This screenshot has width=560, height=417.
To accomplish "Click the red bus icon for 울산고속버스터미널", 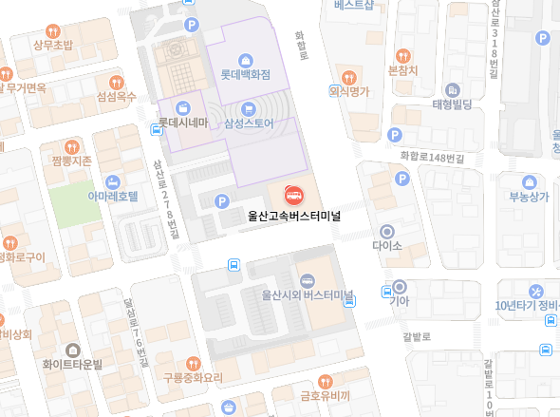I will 293,195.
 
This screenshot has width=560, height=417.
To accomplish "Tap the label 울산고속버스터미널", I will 293,215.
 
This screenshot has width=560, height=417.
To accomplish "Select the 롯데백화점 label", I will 246,73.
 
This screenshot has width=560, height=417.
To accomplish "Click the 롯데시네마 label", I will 182,123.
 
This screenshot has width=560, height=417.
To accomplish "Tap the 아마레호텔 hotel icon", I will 113,180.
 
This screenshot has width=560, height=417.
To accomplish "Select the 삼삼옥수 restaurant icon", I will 117,82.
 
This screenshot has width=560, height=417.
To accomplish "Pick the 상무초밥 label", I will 52,45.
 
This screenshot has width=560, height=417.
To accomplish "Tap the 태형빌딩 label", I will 452,104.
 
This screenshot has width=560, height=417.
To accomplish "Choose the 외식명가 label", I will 348,92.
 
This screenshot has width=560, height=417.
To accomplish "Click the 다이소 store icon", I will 387,231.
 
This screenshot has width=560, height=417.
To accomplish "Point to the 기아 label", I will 400,301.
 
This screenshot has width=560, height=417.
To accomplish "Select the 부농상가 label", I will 529,198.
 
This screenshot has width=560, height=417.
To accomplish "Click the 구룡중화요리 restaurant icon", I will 193,363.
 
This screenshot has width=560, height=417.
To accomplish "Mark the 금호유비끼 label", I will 325,395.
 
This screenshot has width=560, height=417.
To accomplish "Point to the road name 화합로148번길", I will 432,156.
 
